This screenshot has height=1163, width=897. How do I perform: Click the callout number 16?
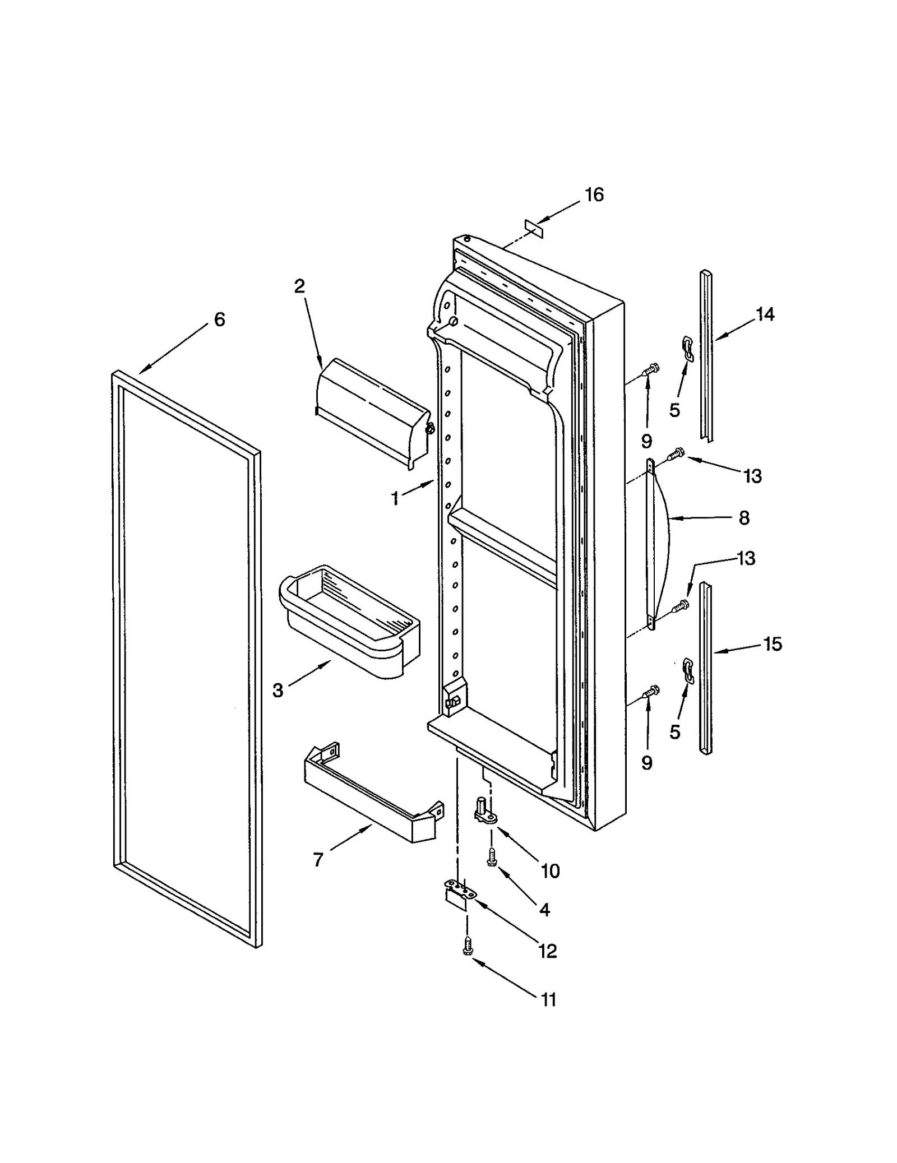coord(594,195)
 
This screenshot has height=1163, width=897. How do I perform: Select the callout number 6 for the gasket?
coord(219,319)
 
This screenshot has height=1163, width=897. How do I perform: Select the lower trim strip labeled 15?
coord(706,667)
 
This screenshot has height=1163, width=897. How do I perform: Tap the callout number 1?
coord(395,498)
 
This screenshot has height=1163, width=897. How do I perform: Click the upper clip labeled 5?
coord(687,349)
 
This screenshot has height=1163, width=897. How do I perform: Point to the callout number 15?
coord(773,645)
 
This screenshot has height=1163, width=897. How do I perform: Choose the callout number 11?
coord(549,999)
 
